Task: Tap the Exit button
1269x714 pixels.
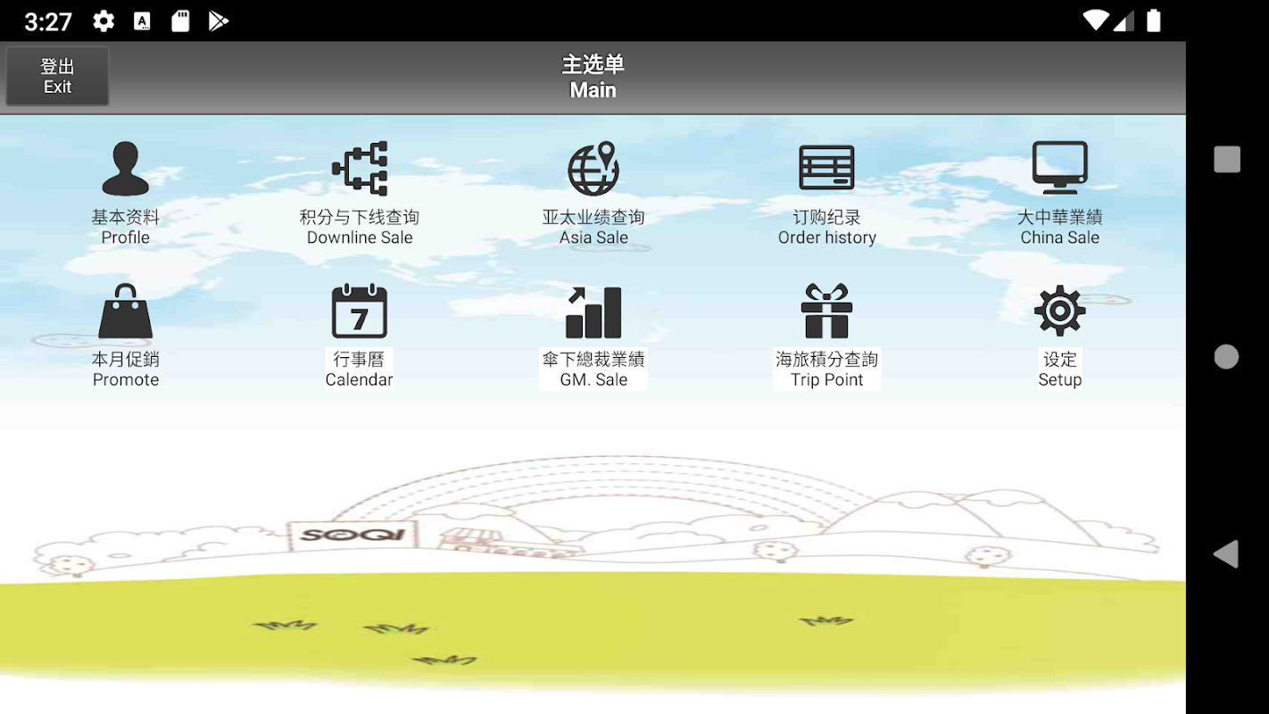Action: click(x=57, y=76)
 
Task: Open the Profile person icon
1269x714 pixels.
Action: click(x=125, y=169)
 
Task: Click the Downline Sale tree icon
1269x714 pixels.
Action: click(x=360, y=169)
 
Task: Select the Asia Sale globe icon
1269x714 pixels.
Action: click(x=593, y=169)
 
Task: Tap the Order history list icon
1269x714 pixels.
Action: click(x=826, y=167)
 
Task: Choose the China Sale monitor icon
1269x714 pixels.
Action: click(x=1059, y=167)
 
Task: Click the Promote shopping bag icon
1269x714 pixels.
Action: click(x=125, y=311)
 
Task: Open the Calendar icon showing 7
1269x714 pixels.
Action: click(x=359, y=311)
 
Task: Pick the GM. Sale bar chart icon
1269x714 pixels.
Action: click(x=593, y=312)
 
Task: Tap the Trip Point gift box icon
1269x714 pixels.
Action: click(x=826, y=311)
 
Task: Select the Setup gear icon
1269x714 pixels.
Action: click(x=1059, y=311)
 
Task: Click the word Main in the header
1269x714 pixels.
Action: click(x=593, y=90)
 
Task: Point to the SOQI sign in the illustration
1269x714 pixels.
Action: click(x=352, y=535)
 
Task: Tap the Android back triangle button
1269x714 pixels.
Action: click(x=1226, y=553)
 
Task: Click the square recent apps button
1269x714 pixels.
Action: click(x=1226, y=159)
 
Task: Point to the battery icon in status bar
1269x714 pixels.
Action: click(x=1153, y=21)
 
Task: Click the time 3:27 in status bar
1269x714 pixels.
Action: click(x=48, y=22)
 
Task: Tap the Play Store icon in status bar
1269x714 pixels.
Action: click(x=218, y=21)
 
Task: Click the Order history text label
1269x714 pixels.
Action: click(x=826, y=237)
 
